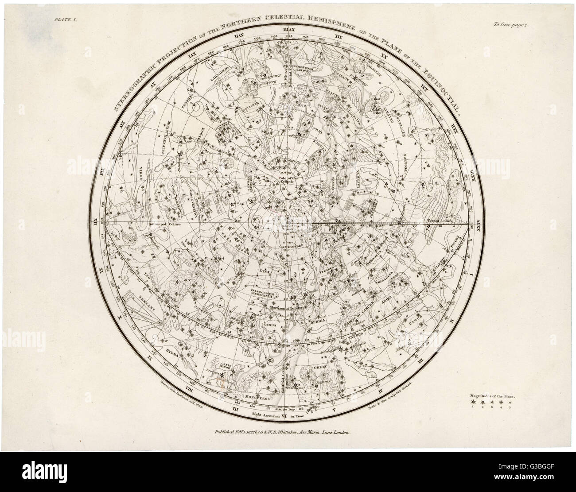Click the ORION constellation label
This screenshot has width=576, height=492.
point(320,367)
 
